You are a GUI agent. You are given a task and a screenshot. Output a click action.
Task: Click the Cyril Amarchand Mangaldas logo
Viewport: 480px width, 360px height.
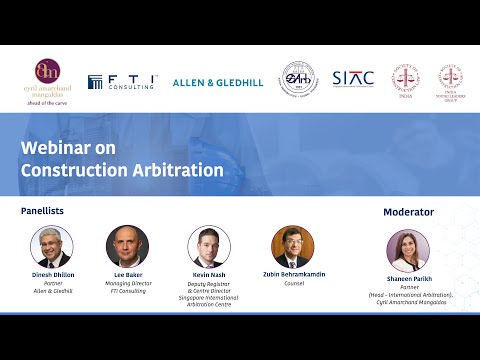coord(47,78)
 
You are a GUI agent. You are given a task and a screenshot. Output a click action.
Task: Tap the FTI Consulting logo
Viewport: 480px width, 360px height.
coord(121,82)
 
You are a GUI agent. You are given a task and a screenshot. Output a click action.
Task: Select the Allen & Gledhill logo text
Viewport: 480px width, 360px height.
coord(218,82)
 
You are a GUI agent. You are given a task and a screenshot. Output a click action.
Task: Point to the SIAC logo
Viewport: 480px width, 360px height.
coord(353,78)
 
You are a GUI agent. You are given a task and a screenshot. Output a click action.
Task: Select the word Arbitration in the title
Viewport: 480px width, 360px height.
coord(176,170)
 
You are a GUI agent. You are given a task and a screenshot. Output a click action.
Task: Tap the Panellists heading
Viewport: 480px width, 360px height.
coord(49,212)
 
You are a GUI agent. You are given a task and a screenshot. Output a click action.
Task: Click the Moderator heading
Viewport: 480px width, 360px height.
coord(408,212)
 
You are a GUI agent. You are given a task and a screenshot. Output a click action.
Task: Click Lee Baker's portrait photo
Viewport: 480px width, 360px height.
coord(127,246)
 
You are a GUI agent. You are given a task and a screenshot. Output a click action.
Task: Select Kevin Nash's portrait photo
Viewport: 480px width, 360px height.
coord(209,246)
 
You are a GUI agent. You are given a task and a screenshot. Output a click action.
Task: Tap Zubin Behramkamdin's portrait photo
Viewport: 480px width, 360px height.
coord(292,246)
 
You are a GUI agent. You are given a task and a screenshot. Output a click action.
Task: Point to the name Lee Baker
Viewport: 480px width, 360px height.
coord(127,274)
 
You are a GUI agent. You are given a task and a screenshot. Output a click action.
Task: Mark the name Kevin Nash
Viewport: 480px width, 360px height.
coord(209,274)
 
